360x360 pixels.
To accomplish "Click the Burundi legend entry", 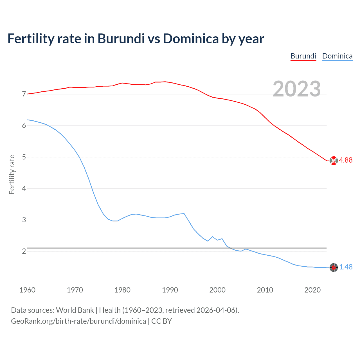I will (303, 56).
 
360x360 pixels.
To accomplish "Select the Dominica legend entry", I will (337, 56).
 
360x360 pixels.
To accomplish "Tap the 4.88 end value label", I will (346, 160).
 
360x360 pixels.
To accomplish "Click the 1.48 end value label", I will (346, 267).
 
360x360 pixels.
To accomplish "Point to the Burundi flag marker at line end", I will (334, 160).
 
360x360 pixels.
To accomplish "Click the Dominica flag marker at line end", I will (334, 267).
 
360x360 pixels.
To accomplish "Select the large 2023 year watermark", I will (297, 89).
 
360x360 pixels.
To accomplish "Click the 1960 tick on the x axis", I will (27, 290).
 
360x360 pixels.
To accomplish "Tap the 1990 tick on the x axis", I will (170, 290).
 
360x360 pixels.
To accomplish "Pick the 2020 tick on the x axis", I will (312, 290).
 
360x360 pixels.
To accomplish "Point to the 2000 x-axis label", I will (217, 290).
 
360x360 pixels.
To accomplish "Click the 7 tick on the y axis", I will (24, 94).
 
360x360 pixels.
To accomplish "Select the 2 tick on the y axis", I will (24, 251).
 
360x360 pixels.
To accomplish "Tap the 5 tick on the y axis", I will (24, 157).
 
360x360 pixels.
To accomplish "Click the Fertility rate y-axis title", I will (12, 174).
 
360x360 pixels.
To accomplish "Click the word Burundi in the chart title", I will (121, 39).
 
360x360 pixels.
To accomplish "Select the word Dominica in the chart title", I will (191, 39).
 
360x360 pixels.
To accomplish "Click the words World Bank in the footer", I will (75, 310).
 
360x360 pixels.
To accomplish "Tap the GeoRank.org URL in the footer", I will (78, 321).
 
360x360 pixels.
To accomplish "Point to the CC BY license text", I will (161, 321).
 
